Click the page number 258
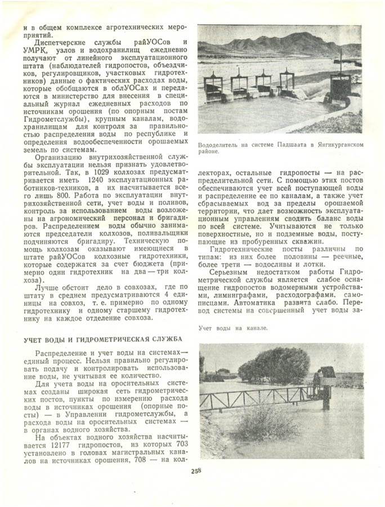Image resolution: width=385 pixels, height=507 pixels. (x=196, y=472)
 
